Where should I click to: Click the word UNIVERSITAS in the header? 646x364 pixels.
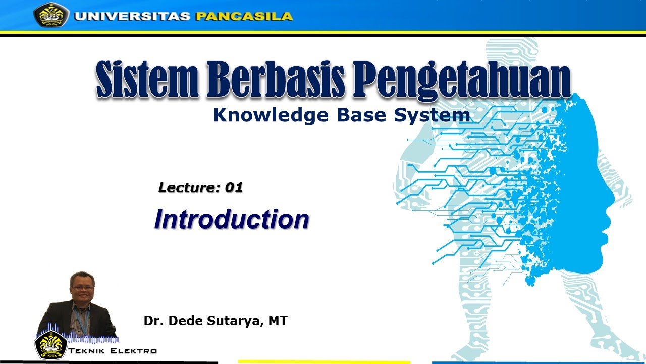[132, 16]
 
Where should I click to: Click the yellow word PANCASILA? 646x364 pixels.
[244, 16]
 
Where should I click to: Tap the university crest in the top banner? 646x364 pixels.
[51, 15]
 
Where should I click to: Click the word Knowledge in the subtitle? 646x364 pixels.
[268, 116]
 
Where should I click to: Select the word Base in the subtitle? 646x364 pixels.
[352, 115]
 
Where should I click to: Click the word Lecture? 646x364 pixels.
[189, 188]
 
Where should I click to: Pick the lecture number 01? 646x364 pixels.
[234, 188]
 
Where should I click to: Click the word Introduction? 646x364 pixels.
[232, 219]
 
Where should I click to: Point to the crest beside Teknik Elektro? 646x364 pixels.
[50, 345]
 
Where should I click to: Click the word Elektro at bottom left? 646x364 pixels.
[136, 351]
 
